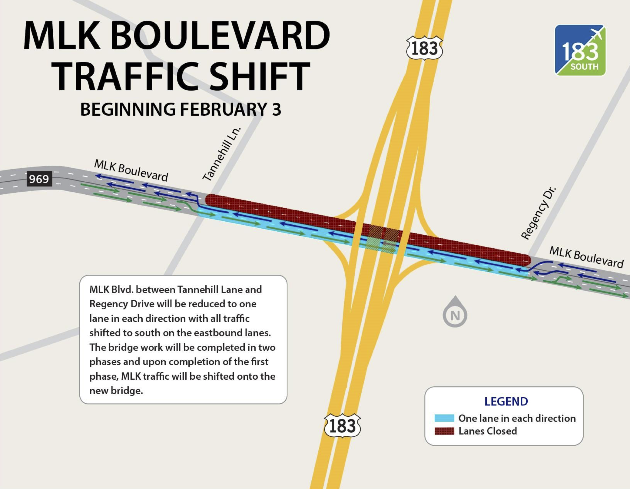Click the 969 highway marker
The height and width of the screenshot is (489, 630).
39,179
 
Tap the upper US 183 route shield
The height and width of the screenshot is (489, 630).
424,48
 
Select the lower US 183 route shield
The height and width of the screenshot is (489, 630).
342,425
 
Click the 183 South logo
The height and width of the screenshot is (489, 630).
580,50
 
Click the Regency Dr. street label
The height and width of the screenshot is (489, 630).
539,213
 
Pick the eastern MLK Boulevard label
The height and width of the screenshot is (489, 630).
586,257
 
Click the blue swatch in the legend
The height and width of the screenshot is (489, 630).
444,418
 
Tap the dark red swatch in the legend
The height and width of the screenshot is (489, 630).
444,431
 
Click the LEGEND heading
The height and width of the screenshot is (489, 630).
506,401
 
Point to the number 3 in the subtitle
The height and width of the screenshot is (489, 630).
277,109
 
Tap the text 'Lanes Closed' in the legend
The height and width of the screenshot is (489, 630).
488,431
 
